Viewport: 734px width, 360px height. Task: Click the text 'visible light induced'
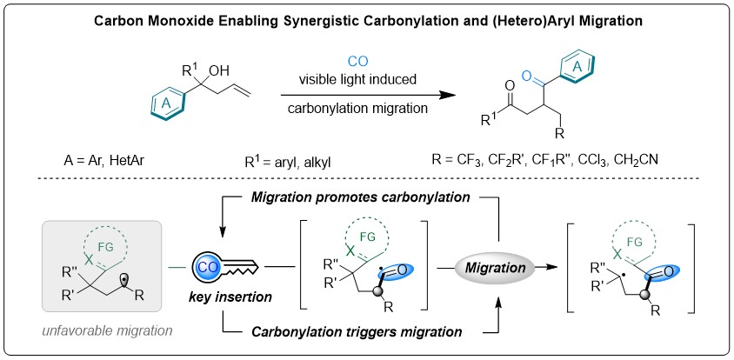(352, 77)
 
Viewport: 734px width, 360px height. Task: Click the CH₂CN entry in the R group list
(679, 160)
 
